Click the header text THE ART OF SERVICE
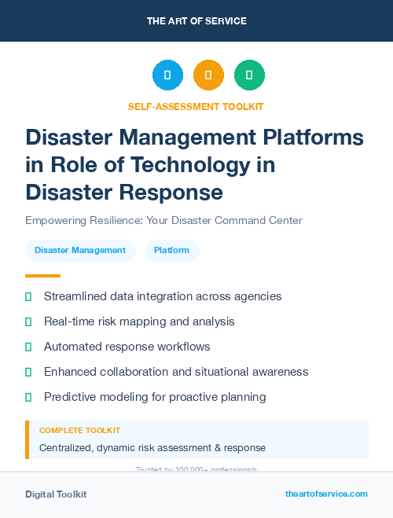pyautogui.click(x=196, y=21)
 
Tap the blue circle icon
pyautogui.click(x=167, y=75)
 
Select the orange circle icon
pyautogui.click(x=208, y=75)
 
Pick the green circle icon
pyautogui.click(x=249, y=75)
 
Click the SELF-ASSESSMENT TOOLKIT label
pyautogui.click(x=196, y=106)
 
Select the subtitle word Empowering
pyautogui.click(x=57, y=220)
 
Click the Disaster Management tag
pyautogui.click(x=80, y=251)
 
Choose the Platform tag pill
pyautogui.click(x=171, y=251)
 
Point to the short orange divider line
pyautogui.click(x=42, y=276)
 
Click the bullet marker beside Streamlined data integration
pyautogui.click(x=28, y=296)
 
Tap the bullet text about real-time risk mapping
pyautogui.click(x=139, y=321)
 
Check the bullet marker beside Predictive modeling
pyautogui.click(x=28, y=397)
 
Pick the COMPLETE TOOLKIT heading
pyautogui.click(x=79, y=431)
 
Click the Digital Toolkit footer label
pyautogui.click(x=56, y=494)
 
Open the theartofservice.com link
pyautogui.click(x=326, y=494)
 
